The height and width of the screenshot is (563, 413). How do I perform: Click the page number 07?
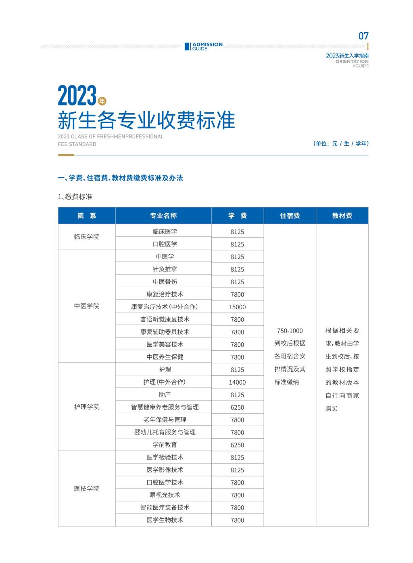[363, 36]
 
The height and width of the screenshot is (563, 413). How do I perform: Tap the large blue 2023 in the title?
[77, 96]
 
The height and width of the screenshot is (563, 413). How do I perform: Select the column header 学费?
[237, 216]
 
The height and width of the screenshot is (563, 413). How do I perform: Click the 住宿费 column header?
[290, 216]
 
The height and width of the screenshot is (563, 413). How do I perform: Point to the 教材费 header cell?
[342, 216]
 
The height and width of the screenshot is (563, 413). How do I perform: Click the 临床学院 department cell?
[87, 237]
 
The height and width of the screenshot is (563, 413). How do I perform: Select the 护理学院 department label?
[87, 407]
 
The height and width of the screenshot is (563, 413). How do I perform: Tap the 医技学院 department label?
[87, 488]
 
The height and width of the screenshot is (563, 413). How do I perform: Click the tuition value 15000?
[237, 307]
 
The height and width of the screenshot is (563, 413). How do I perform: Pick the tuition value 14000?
[237, 382]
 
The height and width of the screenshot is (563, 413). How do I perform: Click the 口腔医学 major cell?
[165, 244]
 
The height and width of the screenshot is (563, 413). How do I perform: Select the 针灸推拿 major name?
[165, 269]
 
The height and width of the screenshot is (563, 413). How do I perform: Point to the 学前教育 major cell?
[165, 445]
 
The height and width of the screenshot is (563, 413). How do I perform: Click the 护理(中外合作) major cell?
[165, 382]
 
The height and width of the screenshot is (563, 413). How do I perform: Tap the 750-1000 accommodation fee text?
[290, 331]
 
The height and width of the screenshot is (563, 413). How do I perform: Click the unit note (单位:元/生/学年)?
[341, 143]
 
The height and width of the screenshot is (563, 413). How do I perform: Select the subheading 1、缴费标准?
[75, 197]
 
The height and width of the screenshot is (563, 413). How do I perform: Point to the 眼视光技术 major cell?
[165, 495]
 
